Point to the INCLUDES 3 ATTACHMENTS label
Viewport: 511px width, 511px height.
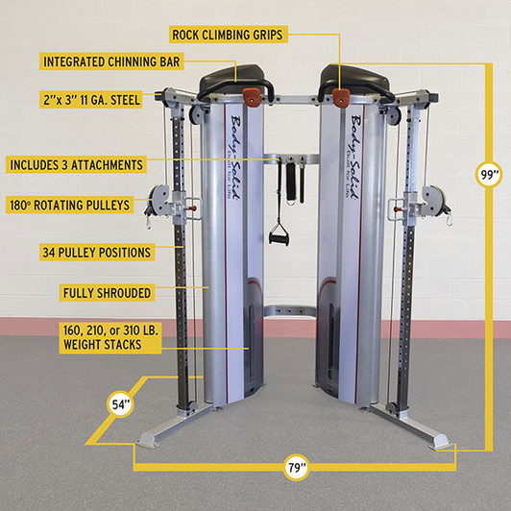click(x=77, y=164)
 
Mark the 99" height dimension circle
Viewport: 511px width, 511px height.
click(x=490, y=175)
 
